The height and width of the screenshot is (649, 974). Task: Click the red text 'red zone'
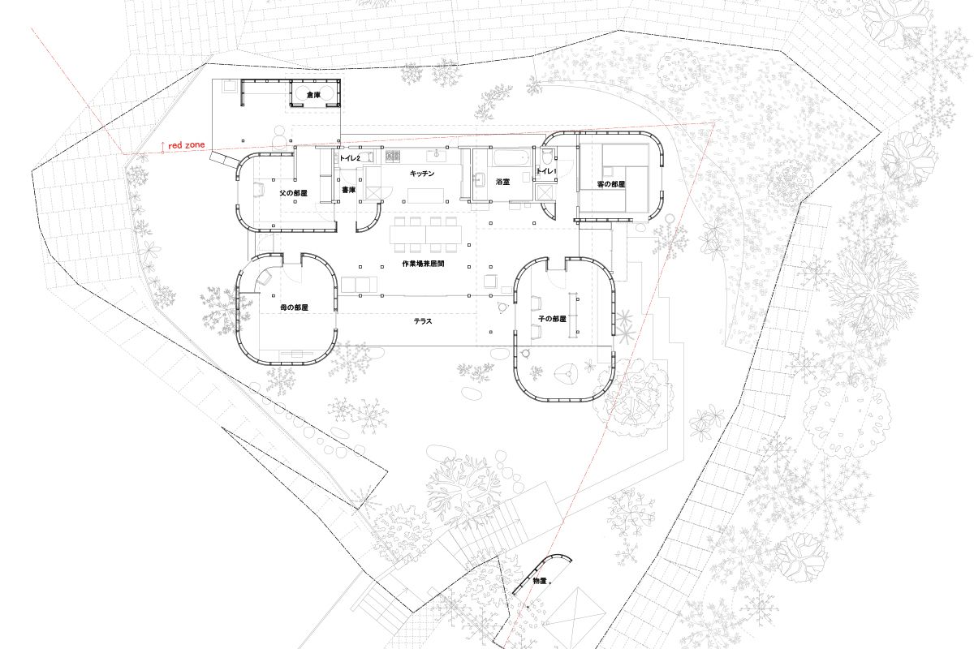click(186, 145)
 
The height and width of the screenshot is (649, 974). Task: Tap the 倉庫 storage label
click(313, 94)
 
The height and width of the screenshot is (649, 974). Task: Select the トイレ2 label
click(350, 158)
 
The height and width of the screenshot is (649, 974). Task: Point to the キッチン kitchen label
click(422, 174)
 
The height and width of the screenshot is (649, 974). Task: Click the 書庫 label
click(349, 190)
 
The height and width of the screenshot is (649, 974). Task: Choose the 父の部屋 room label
click(294, 192)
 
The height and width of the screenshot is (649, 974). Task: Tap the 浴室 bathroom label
click(502, 182)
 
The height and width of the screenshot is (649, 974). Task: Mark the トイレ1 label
click(546, 171)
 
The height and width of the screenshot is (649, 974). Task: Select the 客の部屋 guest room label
click(611, 184)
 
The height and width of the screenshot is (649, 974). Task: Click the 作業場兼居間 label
click(423, 264)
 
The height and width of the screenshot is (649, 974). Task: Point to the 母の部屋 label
click(294, 307)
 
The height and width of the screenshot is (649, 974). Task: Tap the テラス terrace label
click(423, 321)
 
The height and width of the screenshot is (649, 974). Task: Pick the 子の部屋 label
click(552, 319)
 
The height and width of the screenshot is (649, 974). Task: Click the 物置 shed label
click(540, 581)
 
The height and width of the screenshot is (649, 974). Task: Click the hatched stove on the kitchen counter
click(393, 156)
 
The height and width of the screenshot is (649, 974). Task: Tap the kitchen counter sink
click(436, 154)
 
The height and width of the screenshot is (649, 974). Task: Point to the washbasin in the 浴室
click(480, 179)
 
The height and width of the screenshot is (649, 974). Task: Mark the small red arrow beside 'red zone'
click(162, 148)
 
